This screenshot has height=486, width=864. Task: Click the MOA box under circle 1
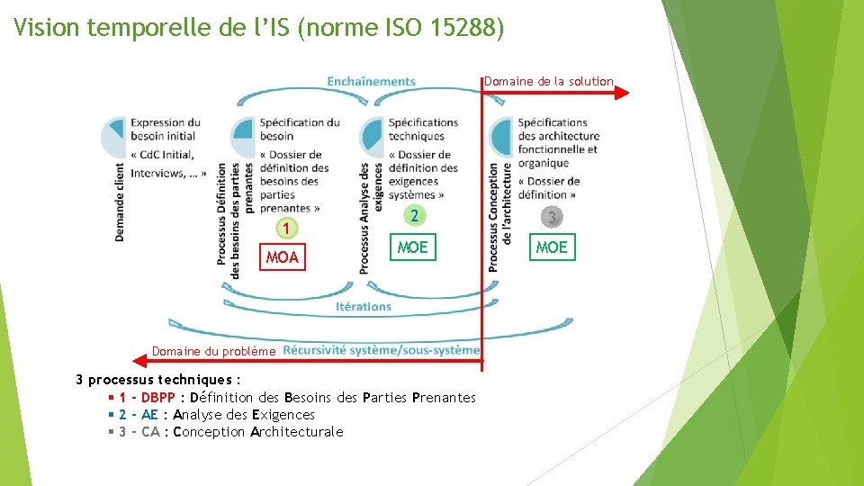(282, 257)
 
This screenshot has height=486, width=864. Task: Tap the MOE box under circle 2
(413, 247)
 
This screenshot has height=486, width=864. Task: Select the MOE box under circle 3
(552, 247)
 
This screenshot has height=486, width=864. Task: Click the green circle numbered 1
(285, 229)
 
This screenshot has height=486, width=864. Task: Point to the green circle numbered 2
(413, 215)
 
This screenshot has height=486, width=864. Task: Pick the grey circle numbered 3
(552, 217)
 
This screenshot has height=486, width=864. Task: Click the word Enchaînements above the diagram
(371, 81)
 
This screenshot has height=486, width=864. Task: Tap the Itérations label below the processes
(364, 306)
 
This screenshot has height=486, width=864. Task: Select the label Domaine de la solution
(549, 81)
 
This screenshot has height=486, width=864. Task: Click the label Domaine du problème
(213, 351)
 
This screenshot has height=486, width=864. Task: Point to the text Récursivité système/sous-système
(381, 350)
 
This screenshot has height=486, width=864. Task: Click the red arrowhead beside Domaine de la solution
(622, 91)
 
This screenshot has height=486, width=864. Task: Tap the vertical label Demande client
(121, 201)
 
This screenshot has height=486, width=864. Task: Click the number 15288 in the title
(467, 28)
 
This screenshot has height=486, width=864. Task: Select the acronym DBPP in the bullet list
(158, 398)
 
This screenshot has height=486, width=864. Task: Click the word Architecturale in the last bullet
(297, 432)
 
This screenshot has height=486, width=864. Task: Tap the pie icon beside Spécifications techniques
(372, 137)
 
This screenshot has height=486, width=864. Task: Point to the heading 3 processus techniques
(157, 380)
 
